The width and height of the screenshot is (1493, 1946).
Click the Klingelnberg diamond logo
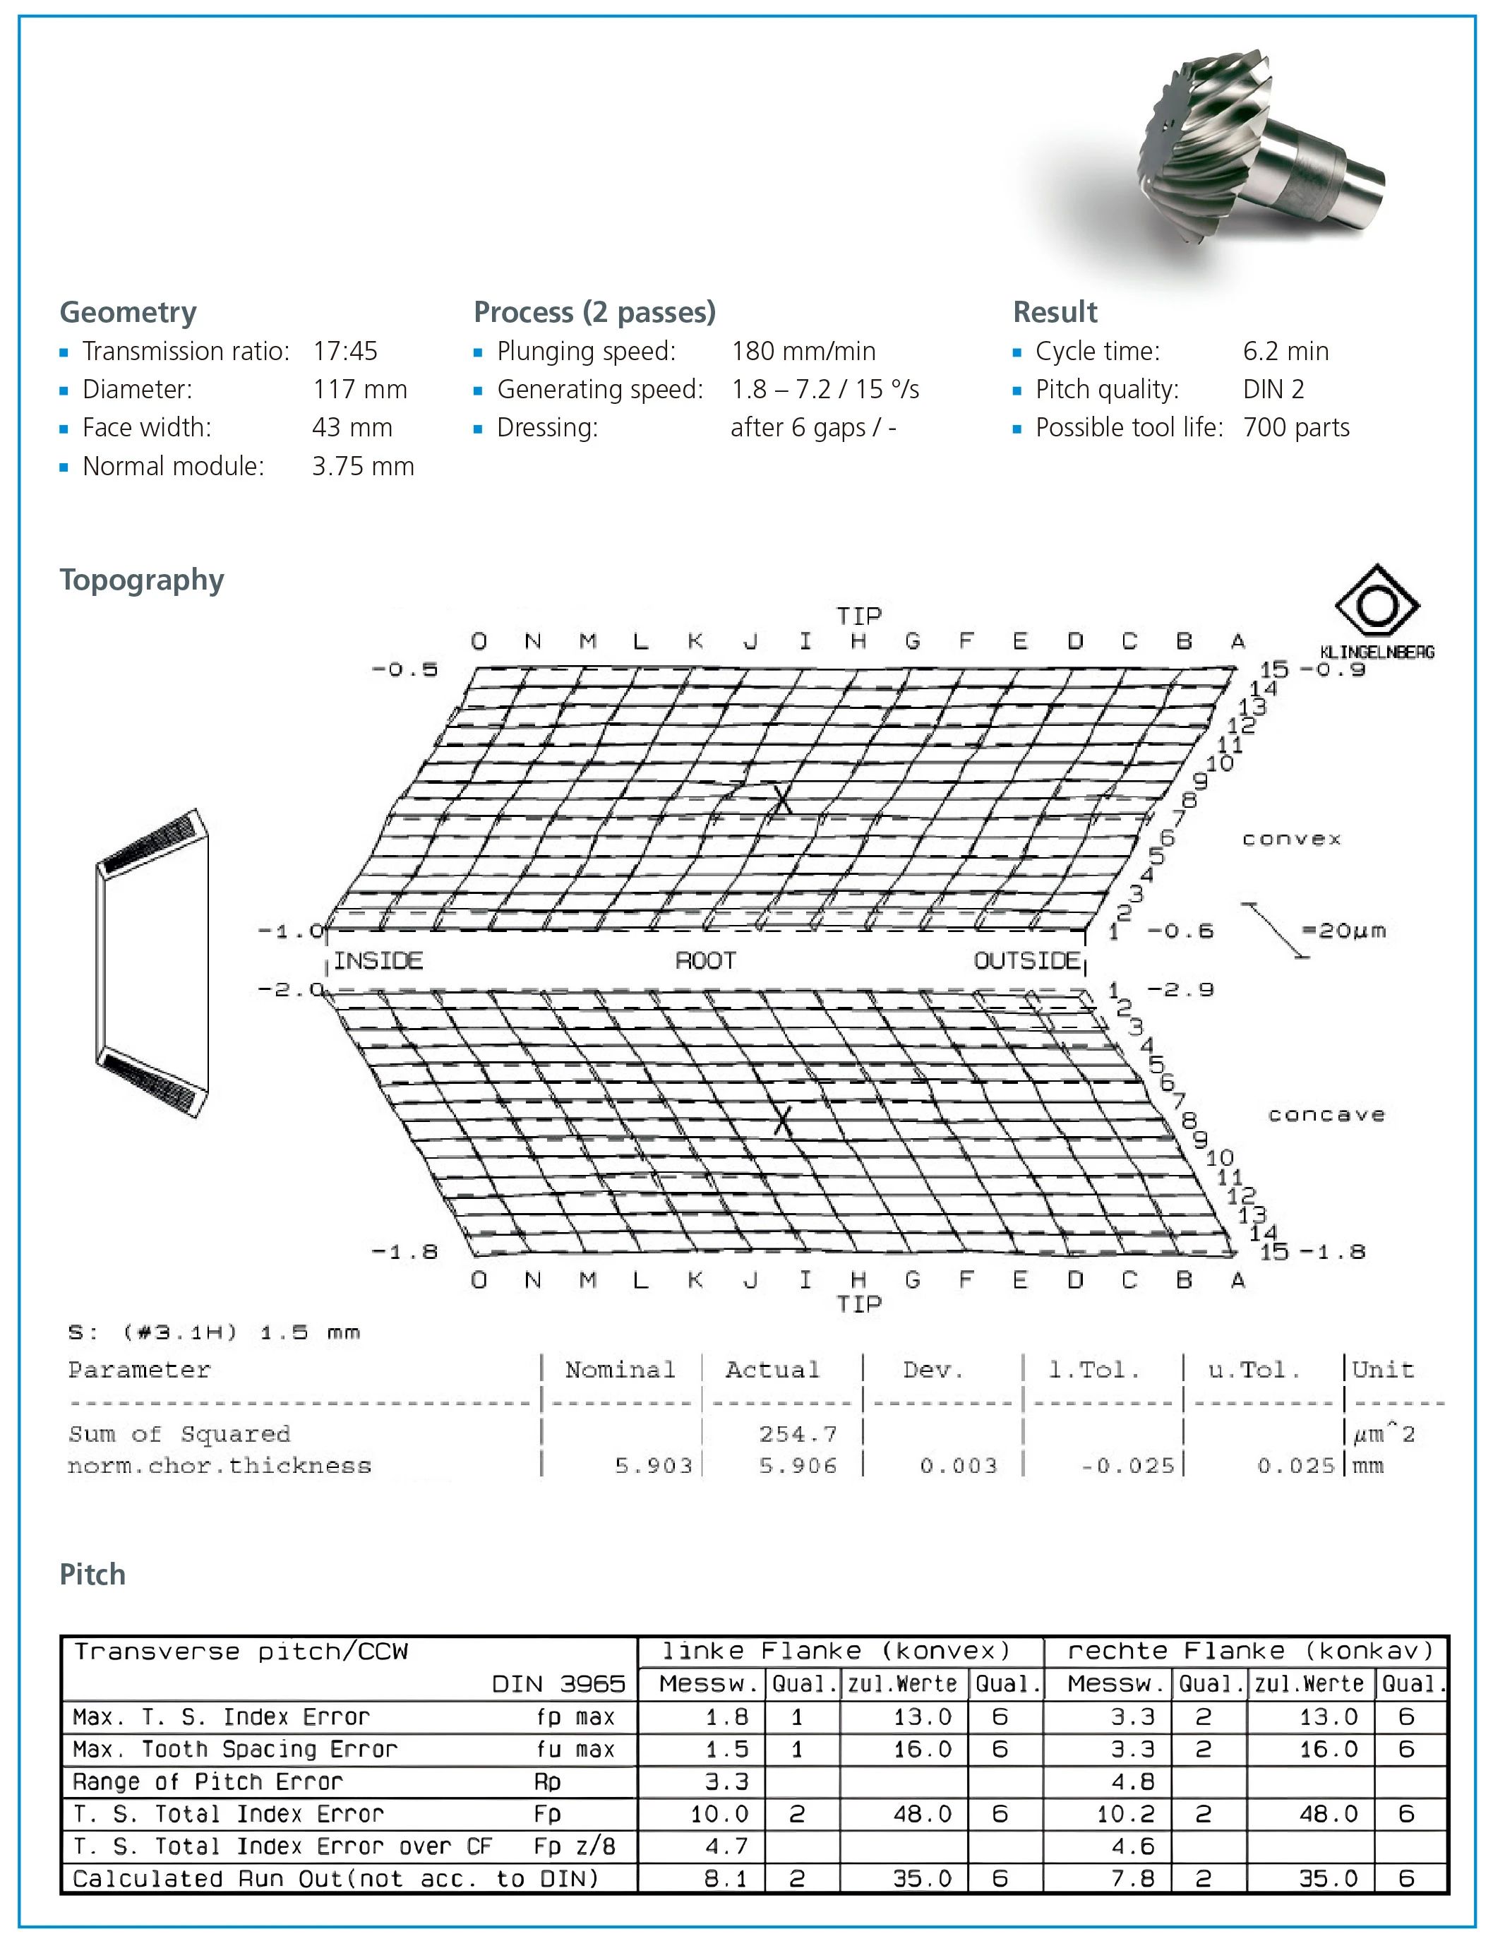click(1377, 605)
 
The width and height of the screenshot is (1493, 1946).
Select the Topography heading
click(141, 580)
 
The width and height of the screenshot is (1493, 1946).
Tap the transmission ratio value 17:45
click(344, 351)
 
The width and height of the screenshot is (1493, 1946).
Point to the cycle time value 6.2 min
click(1285, 351)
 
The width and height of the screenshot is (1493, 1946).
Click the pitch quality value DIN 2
click(1273, 389)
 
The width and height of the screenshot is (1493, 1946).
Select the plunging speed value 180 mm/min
click(803, 351)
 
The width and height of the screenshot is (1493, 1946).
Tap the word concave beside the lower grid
click(1326, 1115)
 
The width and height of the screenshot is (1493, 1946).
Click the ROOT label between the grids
click(706, 961)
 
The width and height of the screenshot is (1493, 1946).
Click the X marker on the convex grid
click(782, 799)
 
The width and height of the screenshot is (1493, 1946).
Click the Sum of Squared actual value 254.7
click(797, 1434)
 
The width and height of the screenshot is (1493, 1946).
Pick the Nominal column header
click(619, 1370)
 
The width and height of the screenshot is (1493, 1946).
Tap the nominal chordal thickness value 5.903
click(653, 1466)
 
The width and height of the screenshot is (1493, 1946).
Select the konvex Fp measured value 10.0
click(719, 1813)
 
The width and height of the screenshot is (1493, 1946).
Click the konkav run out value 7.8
click(1132, 1878)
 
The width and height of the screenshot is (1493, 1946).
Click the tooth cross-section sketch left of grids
click(152, 963)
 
